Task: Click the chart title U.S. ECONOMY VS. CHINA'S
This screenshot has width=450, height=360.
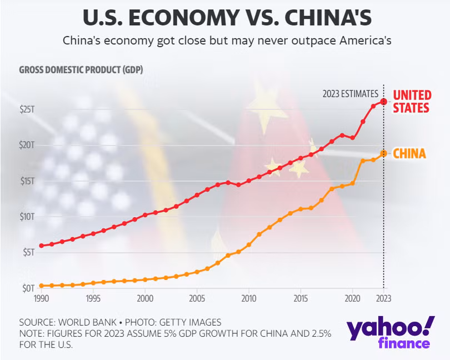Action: pyautogui.click(x=227, y=17)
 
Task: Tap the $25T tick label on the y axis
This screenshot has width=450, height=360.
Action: pyautogui.click(x=27, y=109)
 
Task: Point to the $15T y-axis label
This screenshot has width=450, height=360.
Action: pyautogui.click(x=27, y=181)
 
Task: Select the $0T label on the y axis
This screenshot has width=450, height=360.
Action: pyautogui.click(x=28, y=288)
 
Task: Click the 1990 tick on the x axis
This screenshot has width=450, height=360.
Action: pyautogui.click(x=41, y=298)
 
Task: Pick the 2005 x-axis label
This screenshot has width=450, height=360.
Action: pyautogui.click(x=197, y=298)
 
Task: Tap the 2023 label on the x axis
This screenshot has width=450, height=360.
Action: pyautogui.click(x=384, y=298)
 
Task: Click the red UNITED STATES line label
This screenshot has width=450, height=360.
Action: pyautogui.click(x=412, y=101)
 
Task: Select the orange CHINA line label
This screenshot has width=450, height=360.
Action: pyautogui.click(x=409, y=153)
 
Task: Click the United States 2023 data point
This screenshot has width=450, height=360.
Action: pyautogui.click(x=383, y=102)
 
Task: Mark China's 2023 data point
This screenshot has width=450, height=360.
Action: pyautogui.click(x=383, y=153)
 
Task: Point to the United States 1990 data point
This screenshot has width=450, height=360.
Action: pyautogui.click(x=41, y=246)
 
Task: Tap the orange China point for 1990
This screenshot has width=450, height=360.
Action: pyautogui.click(x=41, y=286)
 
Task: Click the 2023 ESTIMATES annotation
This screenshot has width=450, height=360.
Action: pyautogui.click(x=351, y=94)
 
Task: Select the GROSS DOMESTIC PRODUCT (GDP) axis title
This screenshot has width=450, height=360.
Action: pyautogui.click(x=81, y=70)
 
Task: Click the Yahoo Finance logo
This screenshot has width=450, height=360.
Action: pyautogui.click(x=391, y=332)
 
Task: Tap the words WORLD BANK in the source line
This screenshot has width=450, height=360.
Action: pyautogui.click(x=88, y=322)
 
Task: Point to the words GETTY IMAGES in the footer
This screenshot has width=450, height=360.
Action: pyautogui.click(x=190, y=322)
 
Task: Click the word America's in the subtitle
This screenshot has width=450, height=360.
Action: pyautogui.click(x=366, y=41)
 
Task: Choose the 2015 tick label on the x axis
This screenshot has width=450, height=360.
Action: pyautogui.click(x=301, y=298)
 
